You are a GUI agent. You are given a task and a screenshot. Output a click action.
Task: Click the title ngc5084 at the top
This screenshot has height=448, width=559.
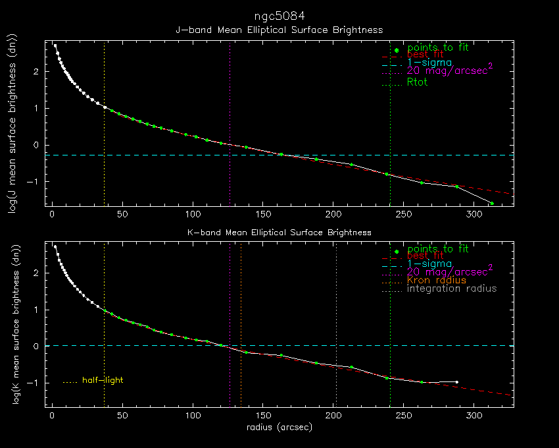point(279,15)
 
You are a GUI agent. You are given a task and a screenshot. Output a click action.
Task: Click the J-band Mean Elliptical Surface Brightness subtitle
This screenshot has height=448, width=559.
point(279,30)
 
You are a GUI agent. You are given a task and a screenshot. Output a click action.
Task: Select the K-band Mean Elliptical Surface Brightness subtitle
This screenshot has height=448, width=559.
point(279,233)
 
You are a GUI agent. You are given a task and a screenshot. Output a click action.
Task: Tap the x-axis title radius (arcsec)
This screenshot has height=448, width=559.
point(279,427)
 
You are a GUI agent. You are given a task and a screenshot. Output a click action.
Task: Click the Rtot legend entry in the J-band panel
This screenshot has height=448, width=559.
point(417,82)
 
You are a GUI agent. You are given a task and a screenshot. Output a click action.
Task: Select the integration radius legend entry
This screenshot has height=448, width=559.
point(452,289)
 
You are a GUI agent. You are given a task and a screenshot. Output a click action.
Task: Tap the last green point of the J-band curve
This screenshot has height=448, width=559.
point(491,203)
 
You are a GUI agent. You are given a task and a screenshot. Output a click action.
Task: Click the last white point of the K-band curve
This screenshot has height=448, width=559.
point(456,382)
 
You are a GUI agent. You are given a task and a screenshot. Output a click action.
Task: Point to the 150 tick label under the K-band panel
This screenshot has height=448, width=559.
point(263,416)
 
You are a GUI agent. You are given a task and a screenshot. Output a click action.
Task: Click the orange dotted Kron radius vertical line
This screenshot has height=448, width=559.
point(241,296)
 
